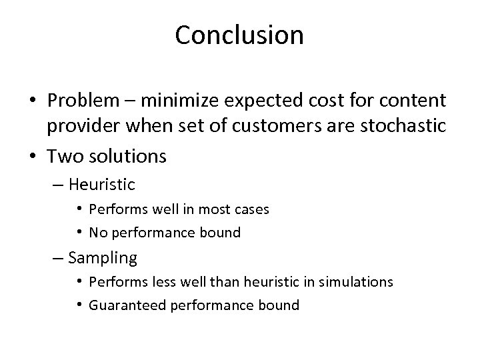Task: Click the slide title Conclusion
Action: (239, 35)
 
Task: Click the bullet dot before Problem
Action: (33, 101)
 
